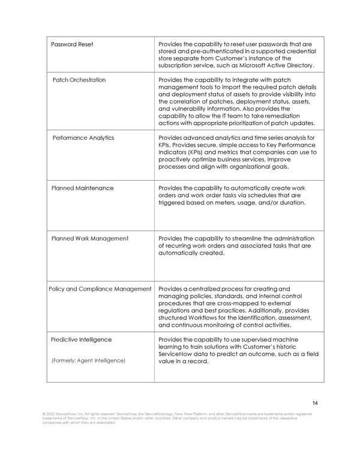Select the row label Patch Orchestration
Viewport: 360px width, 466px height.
point(79,80)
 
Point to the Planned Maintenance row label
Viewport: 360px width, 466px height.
point(82,188)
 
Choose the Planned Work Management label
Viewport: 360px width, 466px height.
point(89,238)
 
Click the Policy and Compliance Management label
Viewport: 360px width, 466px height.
point(100,289)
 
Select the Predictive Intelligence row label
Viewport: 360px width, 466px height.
point(81,339)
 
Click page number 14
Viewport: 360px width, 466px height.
point(315,402)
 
